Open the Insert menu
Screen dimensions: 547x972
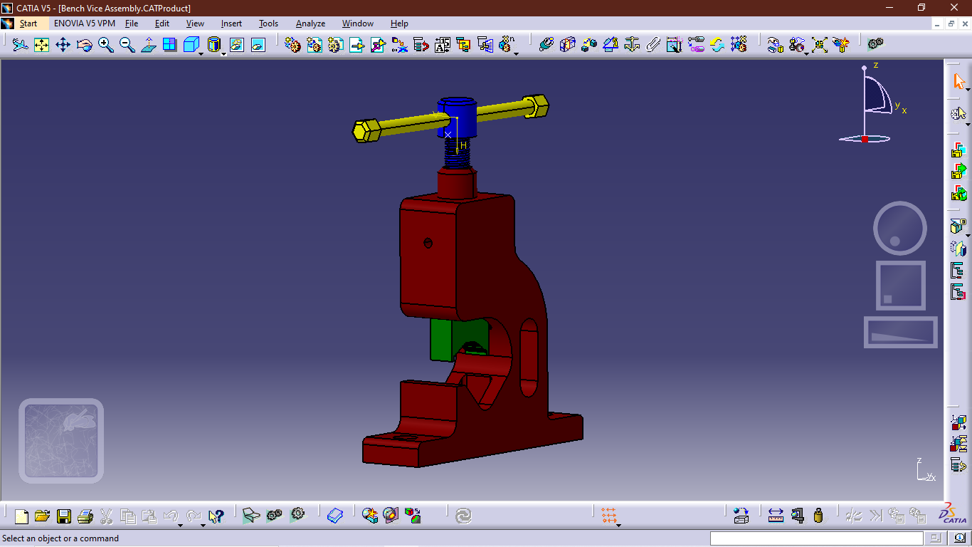[231, 24]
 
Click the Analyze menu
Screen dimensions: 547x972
[310, 24]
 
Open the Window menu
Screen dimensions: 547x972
[357, 24]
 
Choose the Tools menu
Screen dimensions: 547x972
[268, 24]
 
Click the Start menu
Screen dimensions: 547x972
[28, 24]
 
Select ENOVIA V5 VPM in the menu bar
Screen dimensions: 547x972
[84, 24]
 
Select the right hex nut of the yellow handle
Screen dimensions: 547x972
[536, 105]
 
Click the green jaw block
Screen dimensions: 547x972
[442, 339]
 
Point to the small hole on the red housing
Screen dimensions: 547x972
[428, 243]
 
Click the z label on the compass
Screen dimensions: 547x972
[876, 65]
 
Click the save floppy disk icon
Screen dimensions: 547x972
[64, 516]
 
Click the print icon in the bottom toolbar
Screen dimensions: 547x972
[85, 516]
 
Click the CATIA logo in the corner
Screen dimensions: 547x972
[949, 514]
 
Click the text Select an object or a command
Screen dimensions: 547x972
[61, 538]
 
